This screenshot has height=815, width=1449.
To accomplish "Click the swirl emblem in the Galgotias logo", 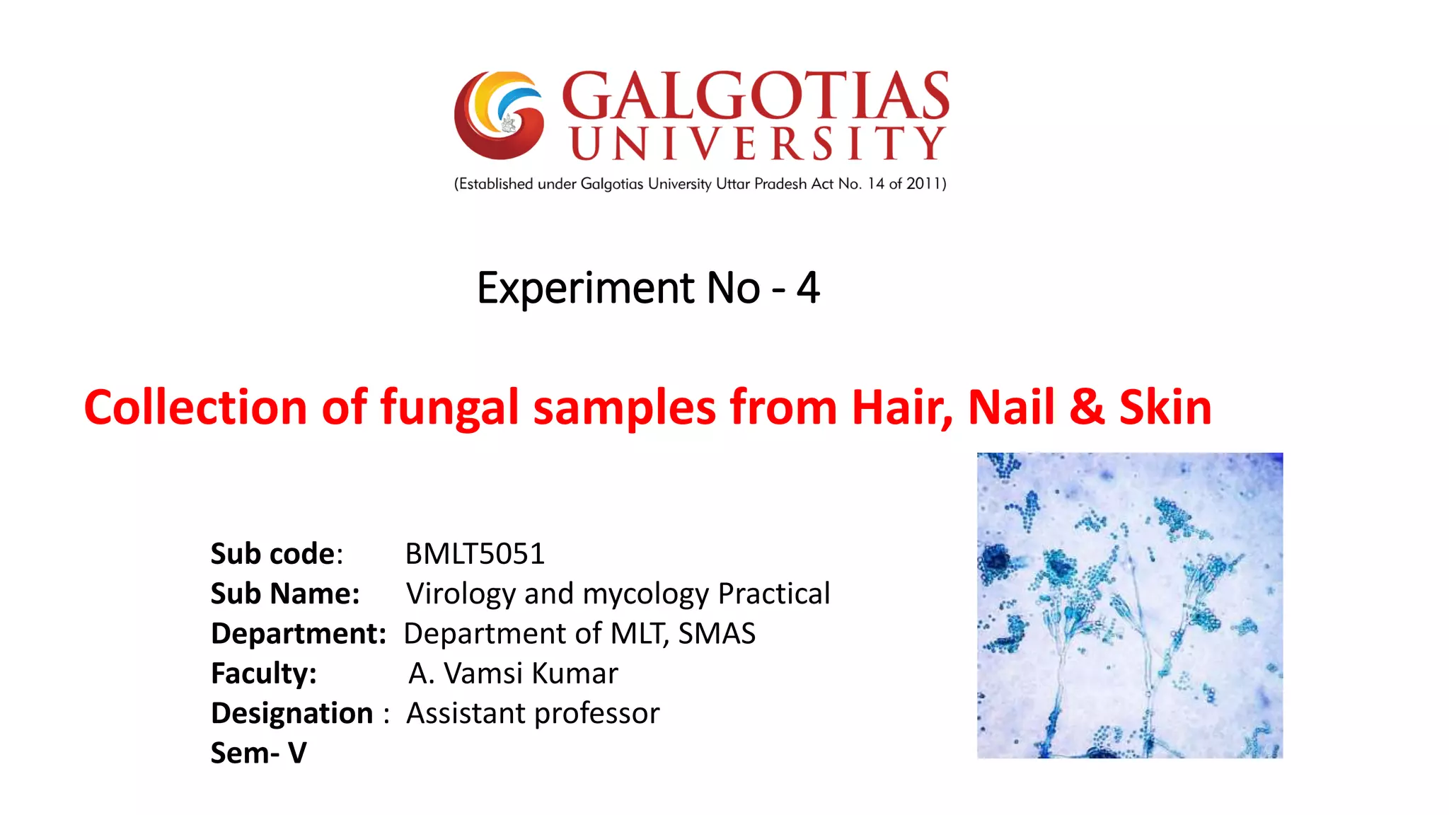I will pos(499,115).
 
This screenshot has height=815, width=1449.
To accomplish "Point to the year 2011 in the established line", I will pos(923,184).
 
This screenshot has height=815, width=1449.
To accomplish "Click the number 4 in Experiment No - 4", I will pos(808,288).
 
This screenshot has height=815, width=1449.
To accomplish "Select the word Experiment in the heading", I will pos(585,288).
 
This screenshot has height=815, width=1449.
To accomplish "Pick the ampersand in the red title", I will pos(1087,407).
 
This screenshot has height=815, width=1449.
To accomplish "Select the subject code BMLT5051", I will pos(475,554).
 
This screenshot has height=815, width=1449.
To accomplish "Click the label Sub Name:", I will pos(285,594).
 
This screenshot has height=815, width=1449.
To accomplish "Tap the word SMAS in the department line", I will pos(716,633).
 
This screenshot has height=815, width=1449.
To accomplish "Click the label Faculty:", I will pos(263,674).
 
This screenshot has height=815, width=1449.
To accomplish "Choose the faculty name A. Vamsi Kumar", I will pos(513,674).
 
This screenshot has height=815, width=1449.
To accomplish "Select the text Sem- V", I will pos(258,753).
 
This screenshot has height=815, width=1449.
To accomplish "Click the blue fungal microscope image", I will pos(1129,606).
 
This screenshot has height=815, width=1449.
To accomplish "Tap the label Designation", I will pos(291,713).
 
